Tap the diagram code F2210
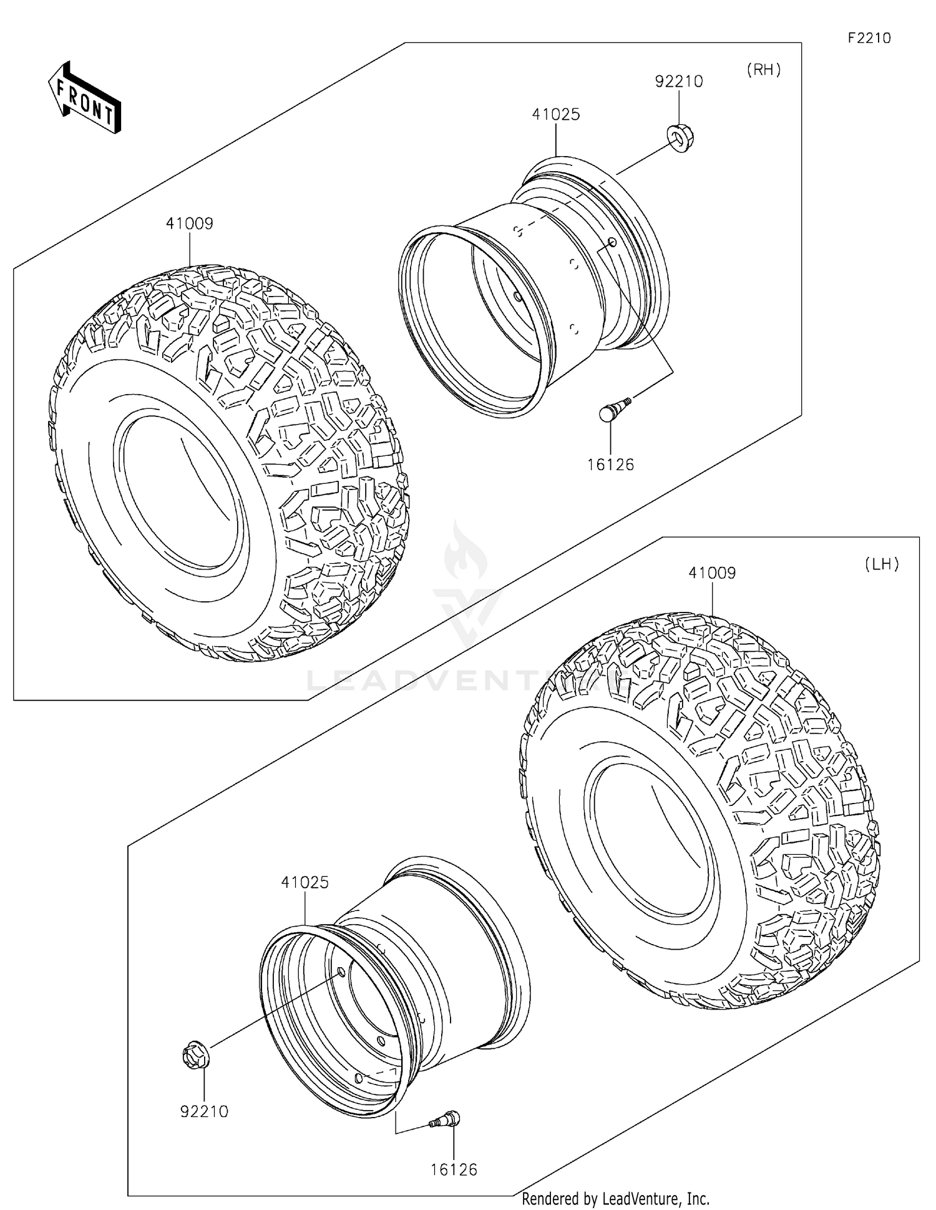[869, 38]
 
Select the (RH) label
[764, 70]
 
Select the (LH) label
[882, 564]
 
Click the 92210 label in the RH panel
[678, 82]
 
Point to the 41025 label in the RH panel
[556, 114]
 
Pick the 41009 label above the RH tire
[189, 224]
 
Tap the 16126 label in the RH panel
[610, 465]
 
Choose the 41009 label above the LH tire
[712, 573]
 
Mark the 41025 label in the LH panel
[305, 882]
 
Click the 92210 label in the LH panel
[204, 1111]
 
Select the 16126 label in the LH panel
[454, 1169]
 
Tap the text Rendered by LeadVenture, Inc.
[615, 1199]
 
